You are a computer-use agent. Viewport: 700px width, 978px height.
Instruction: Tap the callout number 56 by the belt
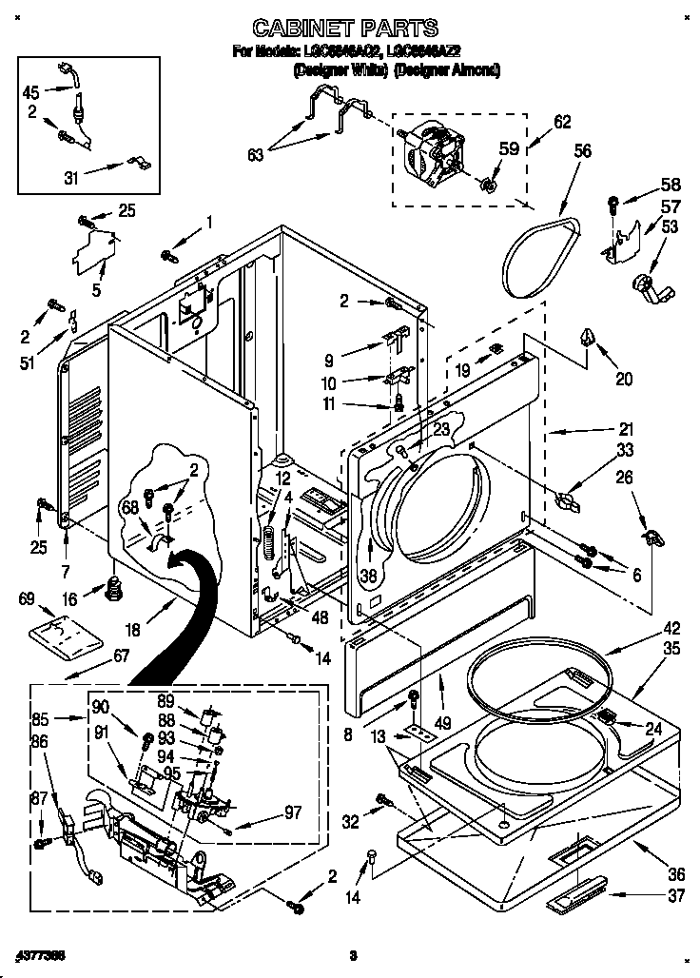582,150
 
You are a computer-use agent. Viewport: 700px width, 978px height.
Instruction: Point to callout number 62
562,121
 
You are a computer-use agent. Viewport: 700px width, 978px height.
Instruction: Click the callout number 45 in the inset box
31,92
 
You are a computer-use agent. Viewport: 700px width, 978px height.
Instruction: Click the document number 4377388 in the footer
39,953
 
